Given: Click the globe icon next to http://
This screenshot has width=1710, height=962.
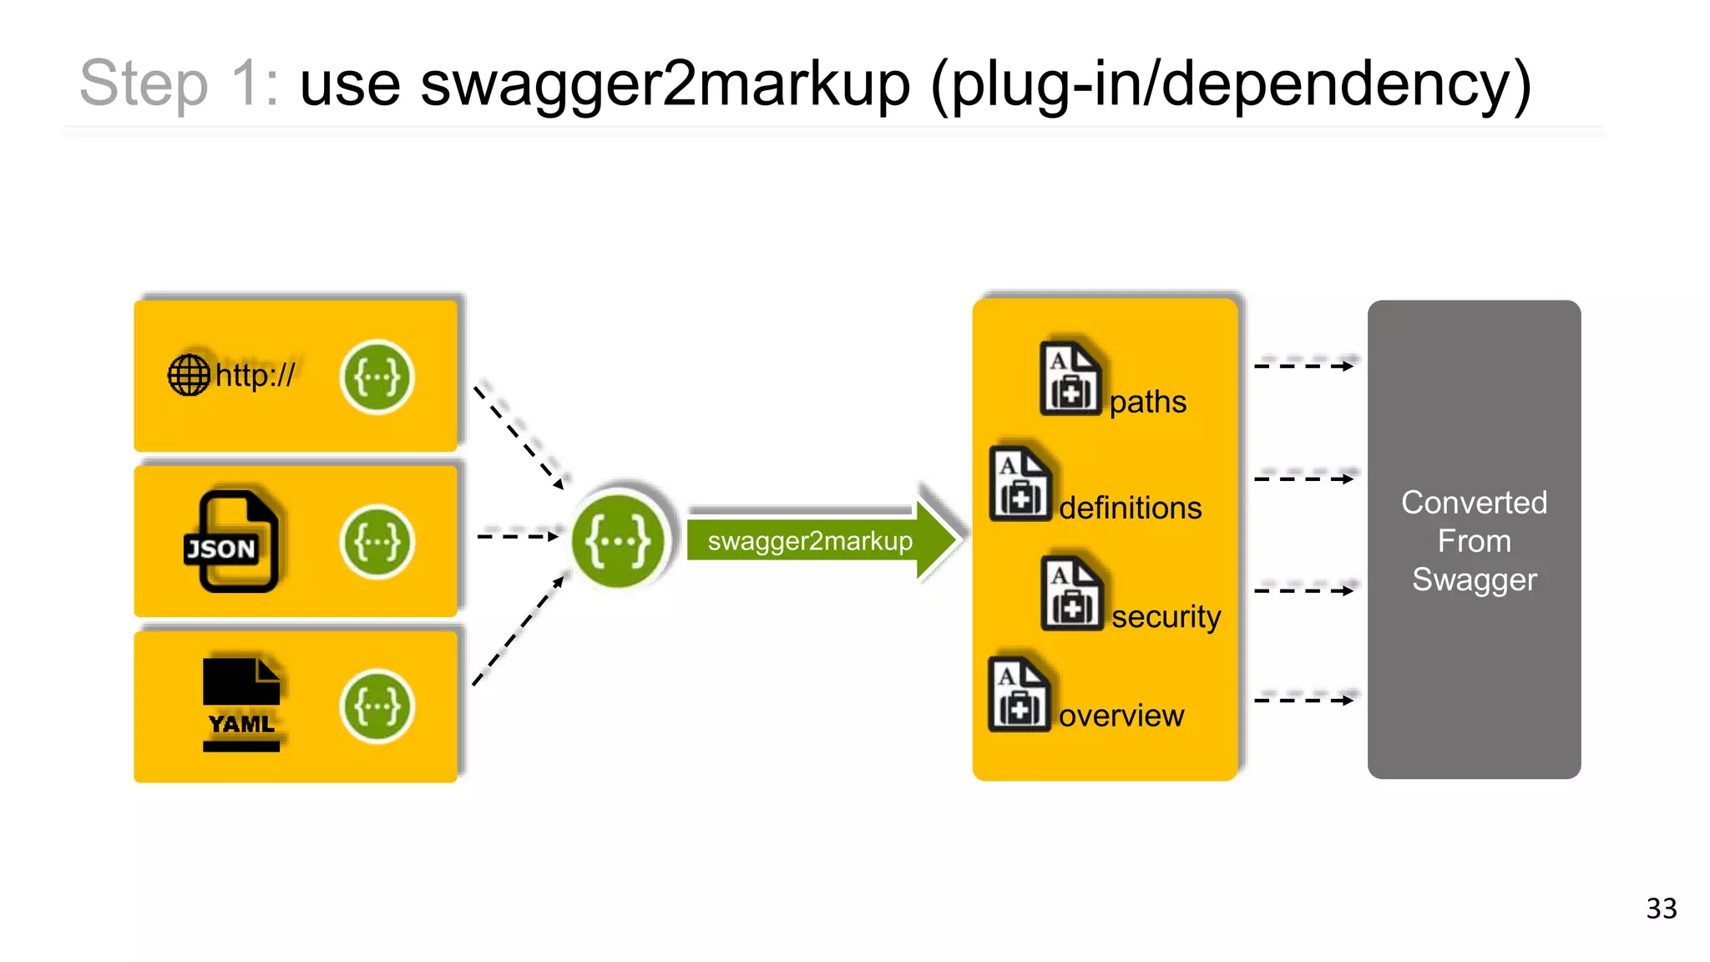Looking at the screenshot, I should coord(189,375).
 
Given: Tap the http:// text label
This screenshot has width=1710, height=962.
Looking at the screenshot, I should coord(255,375).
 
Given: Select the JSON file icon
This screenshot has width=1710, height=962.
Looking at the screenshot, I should coord(231,541).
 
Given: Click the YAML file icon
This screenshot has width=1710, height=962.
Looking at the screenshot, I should coord(241,704).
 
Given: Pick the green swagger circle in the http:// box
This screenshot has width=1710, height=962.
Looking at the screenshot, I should coord(377,377).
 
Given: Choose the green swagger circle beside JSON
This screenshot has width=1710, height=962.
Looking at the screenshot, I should coord(377,542).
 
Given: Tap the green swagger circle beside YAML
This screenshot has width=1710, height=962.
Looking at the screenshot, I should coord(377,706).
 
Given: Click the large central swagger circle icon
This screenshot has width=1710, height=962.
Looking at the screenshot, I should coord(618,540).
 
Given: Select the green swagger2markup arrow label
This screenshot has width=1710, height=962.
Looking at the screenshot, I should coord(810,541).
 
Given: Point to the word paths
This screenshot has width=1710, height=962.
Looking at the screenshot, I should coord(1147,402).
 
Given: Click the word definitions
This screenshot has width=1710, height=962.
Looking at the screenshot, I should coord(1130,508).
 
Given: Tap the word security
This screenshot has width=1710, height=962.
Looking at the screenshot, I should coord(1166,616).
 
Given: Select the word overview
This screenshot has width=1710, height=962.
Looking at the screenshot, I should coord(1121,716).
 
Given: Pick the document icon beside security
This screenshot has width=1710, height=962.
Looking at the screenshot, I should coord(1072,594).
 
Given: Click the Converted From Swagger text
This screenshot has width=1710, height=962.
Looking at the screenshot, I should coord(1474,540).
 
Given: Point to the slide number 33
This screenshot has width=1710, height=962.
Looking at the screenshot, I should coord(1661,908).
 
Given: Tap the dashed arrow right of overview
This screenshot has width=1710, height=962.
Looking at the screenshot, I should coord(1303,700).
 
